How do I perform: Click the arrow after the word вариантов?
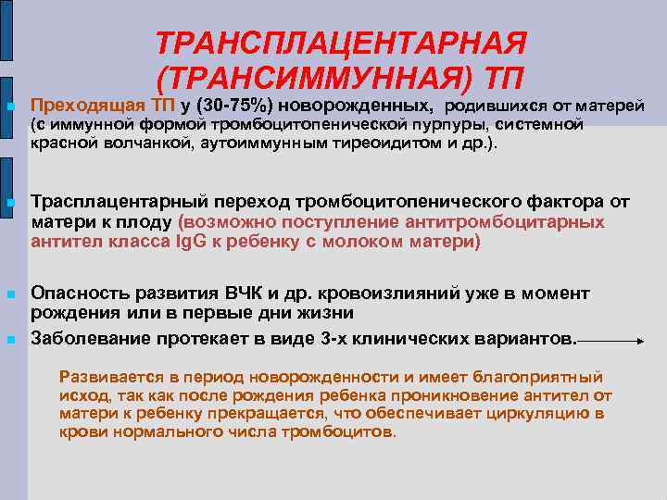pyautogui.click(x=612, y=342)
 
